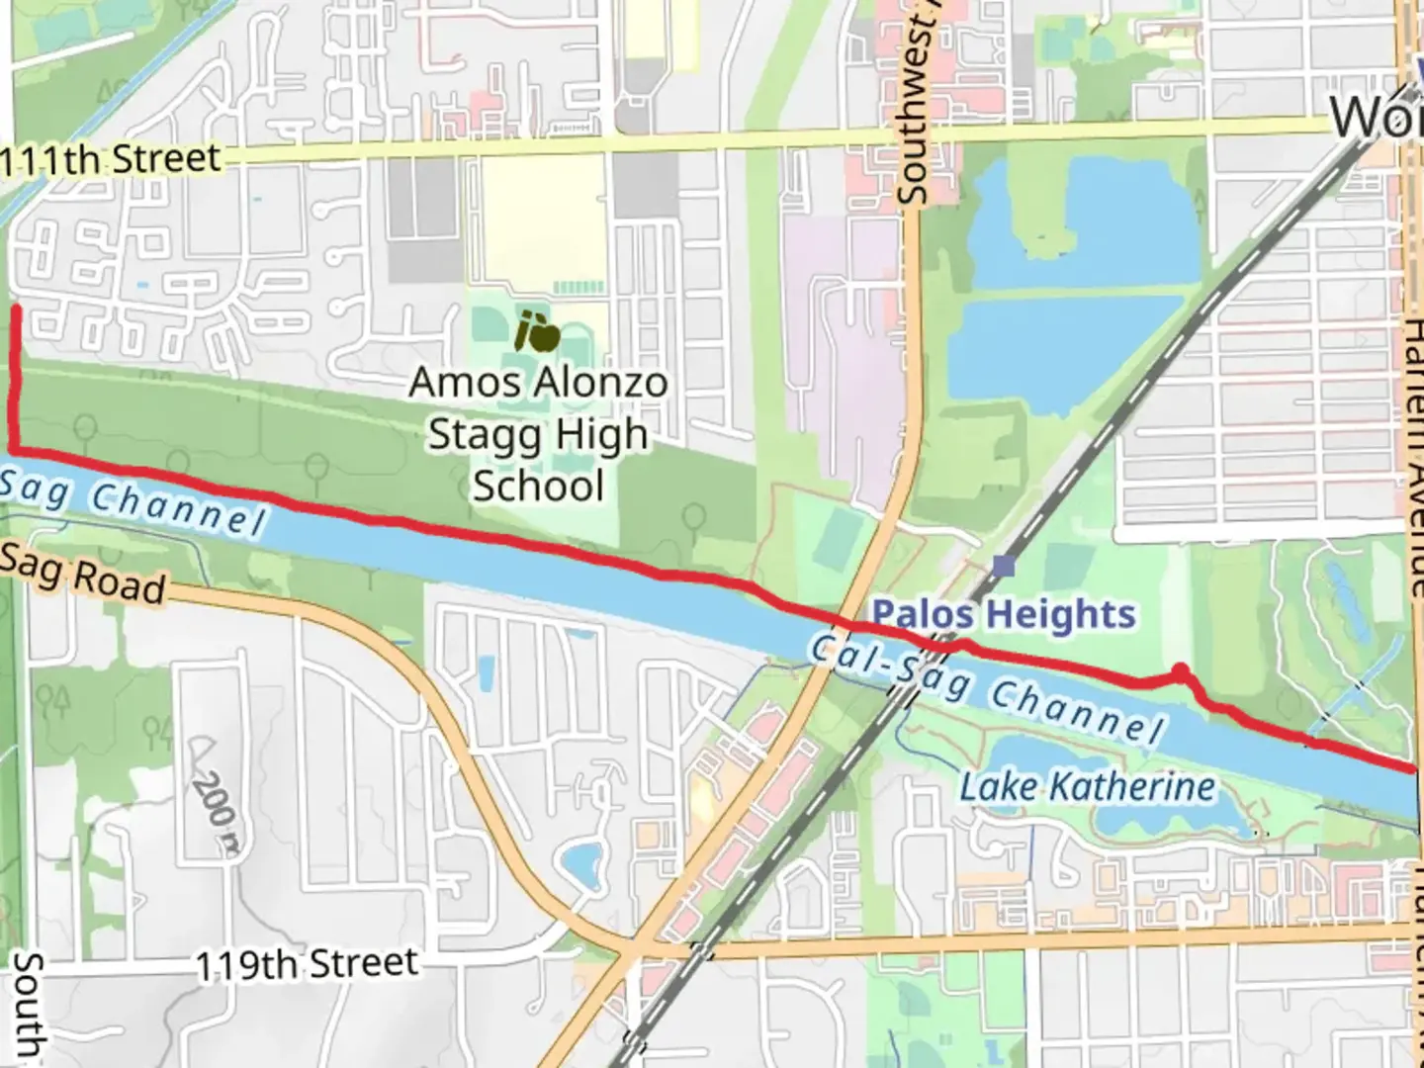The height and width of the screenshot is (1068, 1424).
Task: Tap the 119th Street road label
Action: click(x=307, y=963)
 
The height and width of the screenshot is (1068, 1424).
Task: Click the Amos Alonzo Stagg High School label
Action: click(x=538, y=434)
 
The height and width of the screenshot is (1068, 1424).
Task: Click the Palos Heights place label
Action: click(x=1003, y=614)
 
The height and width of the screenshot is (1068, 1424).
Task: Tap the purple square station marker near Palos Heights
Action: click(x=1004, y=567)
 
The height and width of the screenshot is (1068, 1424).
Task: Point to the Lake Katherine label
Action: click(x=1088, y=787)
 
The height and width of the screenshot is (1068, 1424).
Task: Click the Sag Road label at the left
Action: click(x=84, y=576)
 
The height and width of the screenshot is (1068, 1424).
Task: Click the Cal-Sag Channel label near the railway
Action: click(x=984, y=687)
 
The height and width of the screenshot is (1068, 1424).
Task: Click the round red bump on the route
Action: click(x=1179, y=673)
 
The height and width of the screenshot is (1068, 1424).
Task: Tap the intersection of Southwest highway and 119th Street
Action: click(x=630, y=951)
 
